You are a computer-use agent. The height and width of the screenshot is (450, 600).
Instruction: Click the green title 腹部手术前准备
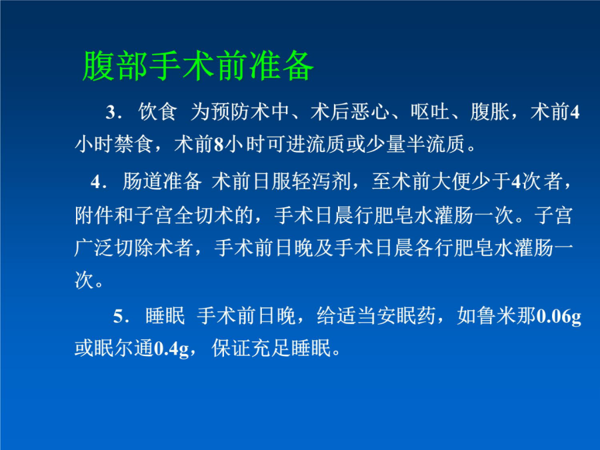198,66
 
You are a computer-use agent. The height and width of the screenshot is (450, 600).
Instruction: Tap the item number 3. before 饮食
113,113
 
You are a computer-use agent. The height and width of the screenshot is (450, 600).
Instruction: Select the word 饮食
157,112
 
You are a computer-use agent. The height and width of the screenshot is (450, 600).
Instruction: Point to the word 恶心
371,112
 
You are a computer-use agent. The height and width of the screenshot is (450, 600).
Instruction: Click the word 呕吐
430,112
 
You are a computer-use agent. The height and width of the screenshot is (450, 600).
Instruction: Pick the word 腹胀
490,112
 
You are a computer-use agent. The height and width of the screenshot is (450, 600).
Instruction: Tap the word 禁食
134,144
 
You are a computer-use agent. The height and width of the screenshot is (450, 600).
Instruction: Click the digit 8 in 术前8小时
219,145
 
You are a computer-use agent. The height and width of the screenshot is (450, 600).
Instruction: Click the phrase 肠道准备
162,181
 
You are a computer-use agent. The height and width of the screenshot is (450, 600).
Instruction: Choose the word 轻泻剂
321,181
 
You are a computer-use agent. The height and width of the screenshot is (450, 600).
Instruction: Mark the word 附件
94,215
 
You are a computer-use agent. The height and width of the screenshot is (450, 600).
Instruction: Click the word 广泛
94,248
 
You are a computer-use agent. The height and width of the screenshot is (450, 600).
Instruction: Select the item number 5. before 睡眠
121,317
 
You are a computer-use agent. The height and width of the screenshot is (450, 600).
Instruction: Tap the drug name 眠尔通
124,348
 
